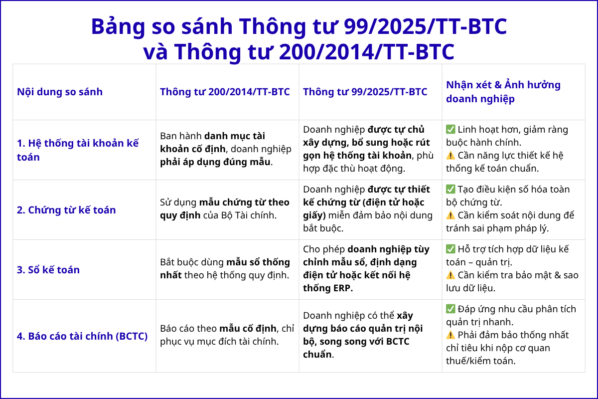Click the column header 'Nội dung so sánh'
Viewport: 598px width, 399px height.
pos(60,92)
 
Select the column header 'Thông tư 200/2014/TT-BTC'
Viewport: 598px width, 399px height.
pos(225,92)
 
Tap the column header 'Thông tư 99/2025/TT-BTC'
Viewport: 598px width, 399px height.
pos(365,92)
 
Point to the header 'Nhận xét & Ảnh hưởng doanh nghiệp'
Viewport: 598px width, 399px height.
pos(503,92)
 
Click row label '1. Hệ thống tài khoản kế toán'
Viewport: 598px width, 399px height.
pos(78,150)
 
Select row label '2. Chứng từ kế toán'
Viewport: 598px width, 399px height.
pos(66,210)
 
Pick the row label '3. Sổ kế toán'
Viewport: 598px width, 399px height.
pos(48,270)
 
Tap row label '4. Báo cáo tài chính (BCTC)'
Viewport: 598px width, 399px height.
pos(82,336)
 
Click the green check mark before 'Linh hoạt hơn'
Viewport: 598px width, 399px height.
pos(450,130)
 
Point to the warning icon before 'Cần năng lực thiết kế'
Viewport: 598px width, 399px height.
pos(450,156)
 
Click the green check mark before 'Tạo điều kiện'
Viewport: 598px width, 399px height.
pos(450,190)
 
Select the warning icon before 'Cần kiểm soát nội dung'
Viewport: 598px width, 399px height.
pos(450,215)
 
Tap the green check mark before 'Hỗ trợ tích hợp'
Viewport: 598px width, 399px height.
pos(450,249)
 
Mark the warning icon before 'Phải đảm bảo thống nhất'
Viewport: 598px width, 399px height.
pos(450,335)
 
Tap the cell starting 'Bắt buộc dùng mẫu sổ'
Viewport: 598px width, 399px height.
pos(225,269)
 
